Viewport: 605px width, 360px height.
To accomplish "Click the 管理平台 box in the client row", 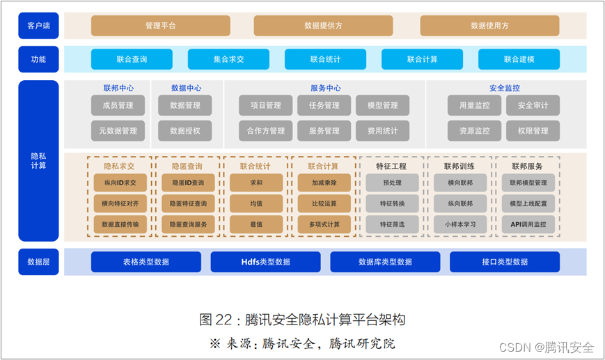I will pos(160,26).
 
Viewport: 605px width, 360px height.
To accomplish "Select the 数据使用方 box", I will pos(489,26).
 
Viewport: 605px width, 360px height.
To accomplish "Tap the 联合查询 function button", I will pos(132,59).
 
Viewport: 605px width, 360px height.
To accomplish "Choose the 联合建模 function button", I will pos(519,59).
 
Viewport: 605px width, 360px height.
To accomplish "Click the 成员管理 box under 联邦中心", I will pos(118,106).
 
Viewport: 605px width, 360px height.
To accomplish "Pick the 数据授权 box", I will pos(185,130).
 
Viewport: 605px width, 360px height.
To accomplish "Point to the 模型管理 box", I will pos(382,106).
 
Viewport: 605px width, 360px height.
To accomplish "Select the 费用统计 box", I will pos(382,130).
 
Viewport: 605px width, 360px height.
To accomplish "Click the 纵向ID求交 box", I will pos(120,183).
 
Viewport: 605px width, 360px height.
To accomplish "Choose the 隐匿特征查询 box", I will pos(187,204).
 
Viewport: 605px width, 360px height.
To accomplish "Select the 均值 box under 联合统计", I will pos(256,204).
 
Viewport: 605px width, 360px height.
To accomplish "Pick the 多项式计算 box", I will pos(324,224).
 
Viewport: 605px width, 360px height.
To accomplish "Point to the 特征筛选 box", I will pos(392,224).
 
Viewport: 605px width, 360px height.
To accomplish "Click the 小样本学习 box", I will pos(459,224).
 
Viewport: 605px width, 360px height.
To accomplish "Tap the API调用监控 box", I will pos(528,224).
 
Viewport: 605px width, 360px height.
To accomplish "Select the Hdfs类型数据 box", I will pos(265,262).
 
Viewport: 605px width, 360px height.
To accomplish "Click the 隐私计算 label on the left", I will pos(38,160).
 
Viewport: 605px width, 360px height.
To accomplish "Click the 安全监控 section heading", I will pos(504,88).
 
